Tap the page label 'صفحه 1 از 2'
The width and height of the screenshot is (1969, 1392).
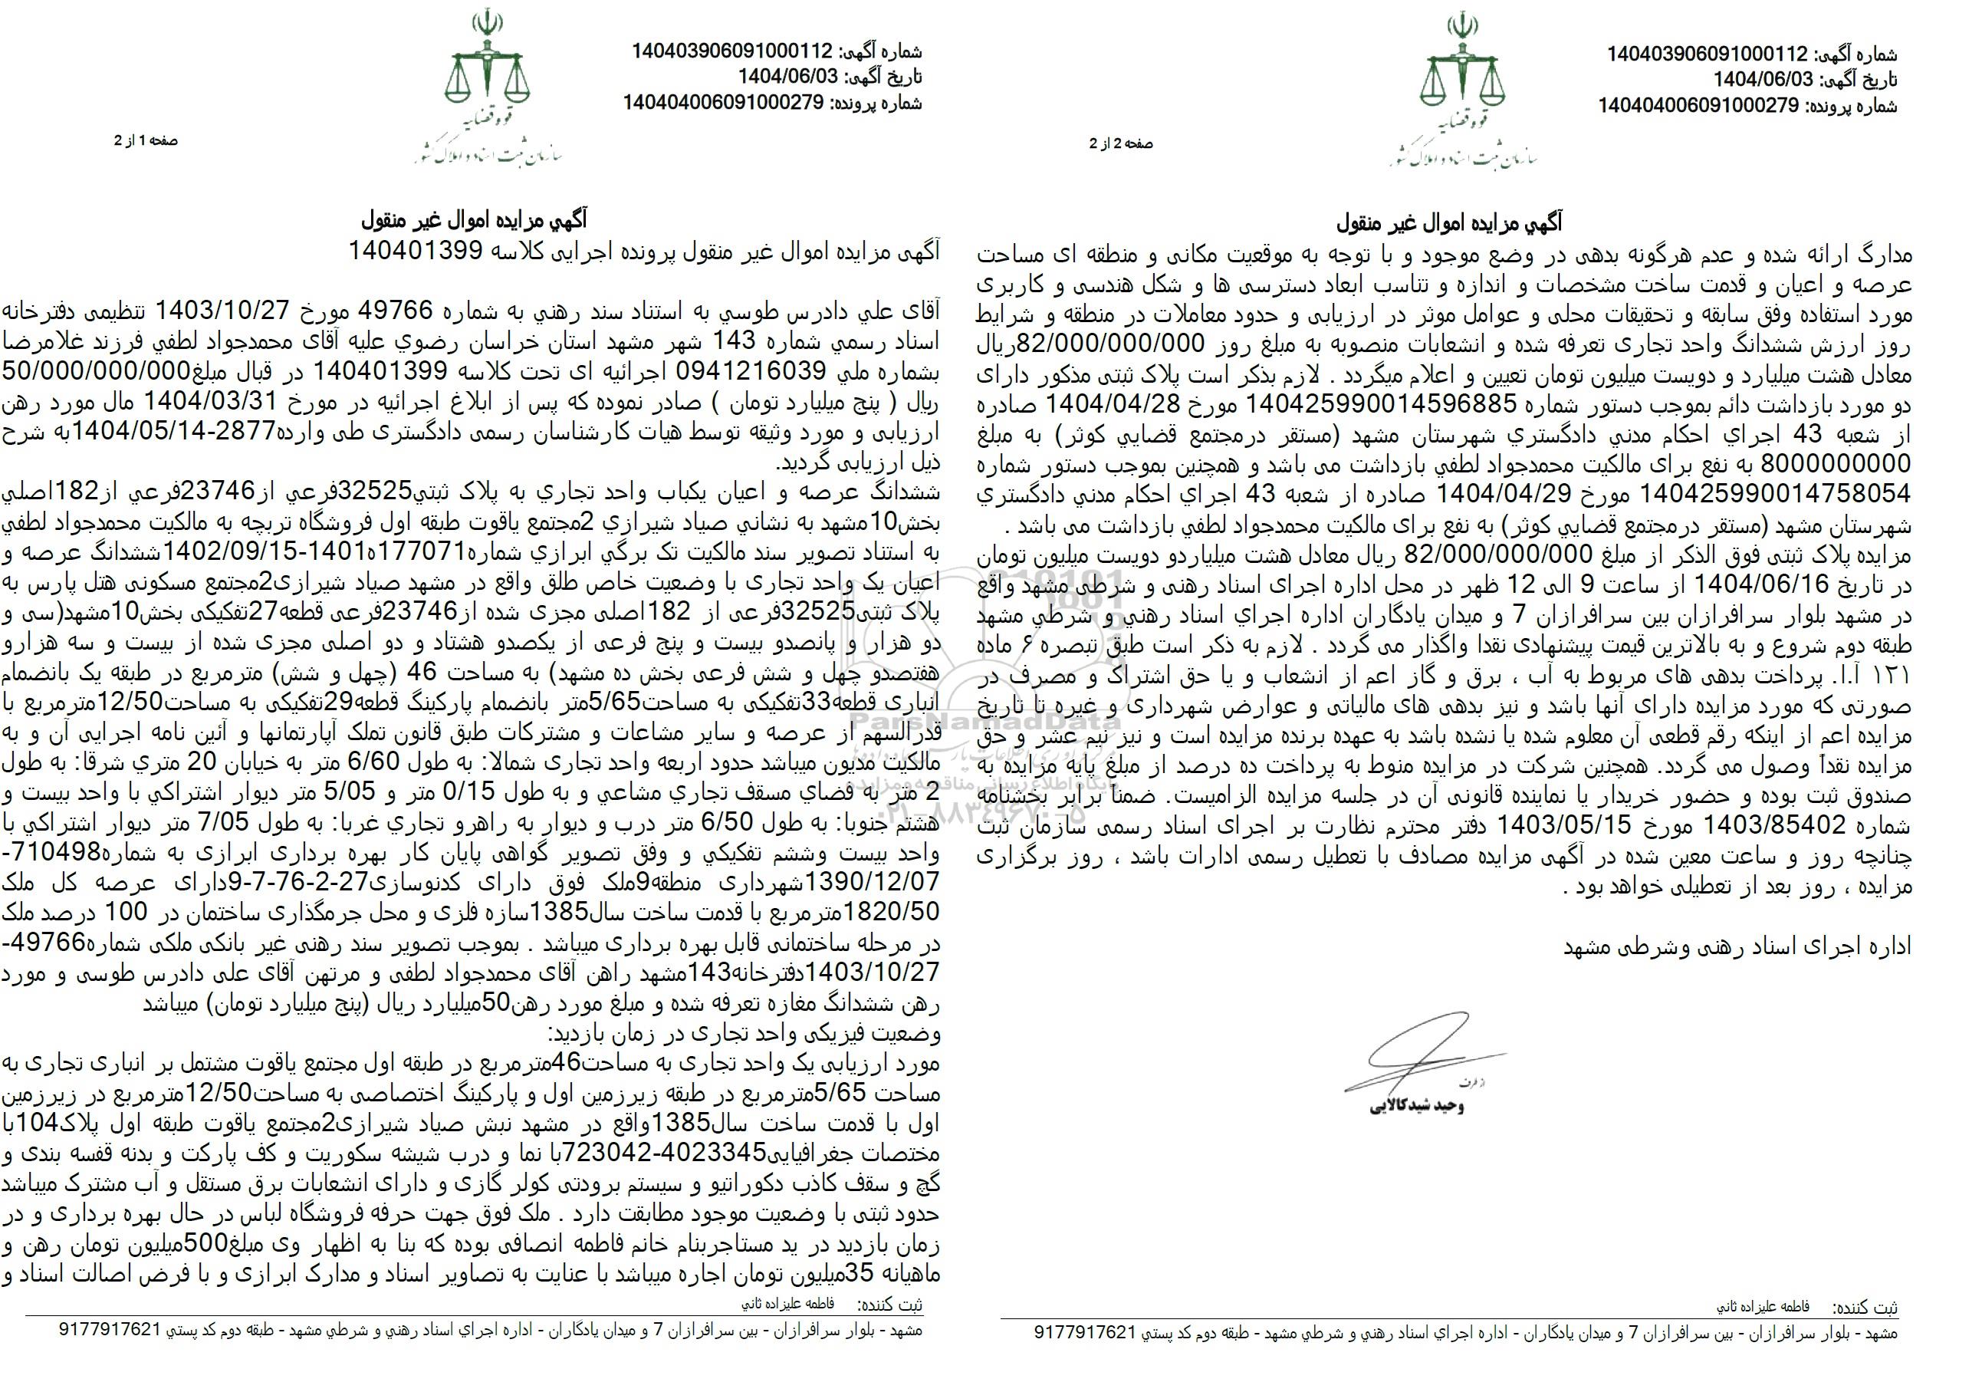(x=146, y=140)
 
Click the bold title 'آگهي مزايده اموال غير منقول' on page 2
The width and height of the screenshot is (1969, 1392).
(x=1449, y=224)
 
